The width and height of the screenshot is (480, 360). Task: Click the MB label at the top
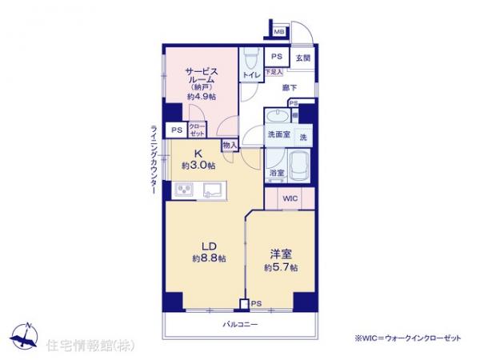click(279, 31)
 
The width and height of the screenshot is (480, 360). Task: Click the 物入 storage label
click(230, 146)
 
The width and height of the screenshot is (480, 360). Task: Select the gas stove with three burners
click(183, 190)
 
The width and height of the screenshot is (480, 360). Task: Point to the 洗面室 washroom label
click(278, 134)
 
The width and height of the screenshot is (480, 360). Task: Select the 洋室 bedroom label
click(280, 254)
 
